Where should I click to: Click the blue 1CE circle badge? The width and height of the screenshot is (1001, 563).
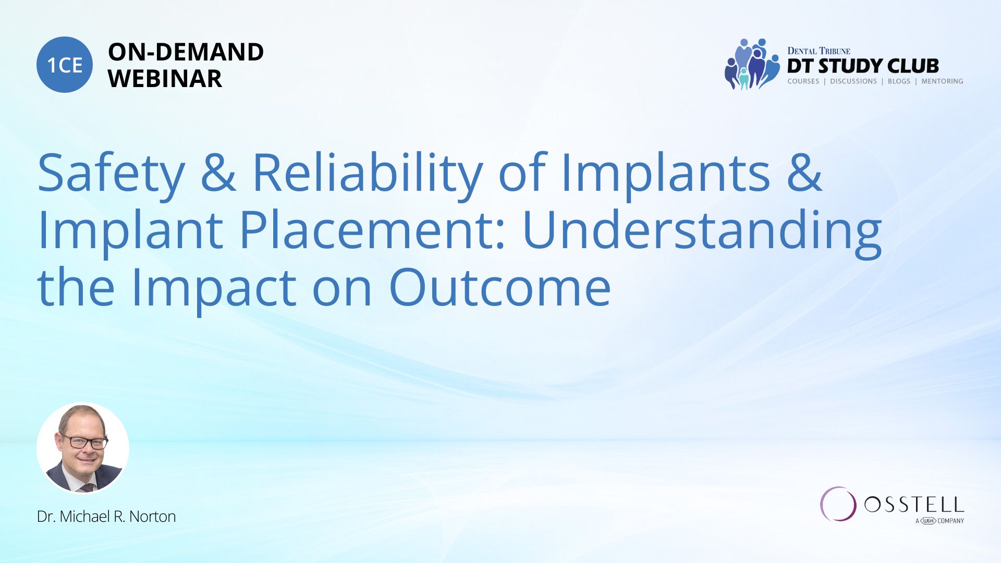coord(65,65)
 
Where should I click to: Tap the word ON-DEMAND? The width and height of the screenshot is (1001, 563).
coord(186,52)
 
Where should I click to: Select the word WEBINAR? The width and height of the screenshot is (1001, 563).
coord(165,79)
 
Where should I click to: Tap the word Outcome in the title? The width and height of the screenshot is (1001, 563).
coord(500,287)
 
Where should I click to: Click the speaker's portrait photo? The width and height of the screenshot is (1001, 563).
coord(83,448)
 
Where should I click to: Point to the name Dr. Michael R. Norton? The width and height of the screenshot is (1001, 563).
coord(106,517)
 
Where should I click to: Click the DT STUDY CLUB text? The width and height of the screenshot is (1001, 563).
coord(863,66)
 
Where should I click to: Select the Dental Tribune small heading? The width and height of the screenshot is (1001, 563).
coord(819,51)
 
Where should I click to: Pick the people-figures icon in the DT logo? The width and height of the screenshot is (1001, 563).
coord(751,64)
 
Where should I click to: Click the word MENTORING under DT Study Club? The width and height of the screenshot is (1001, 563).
coord(942,81)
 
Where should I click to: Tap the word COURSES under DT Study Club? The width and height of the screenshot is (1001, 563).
coord(803,81)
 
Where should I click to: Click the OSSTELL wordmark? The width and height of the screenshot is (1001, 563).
coord(914,505)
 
